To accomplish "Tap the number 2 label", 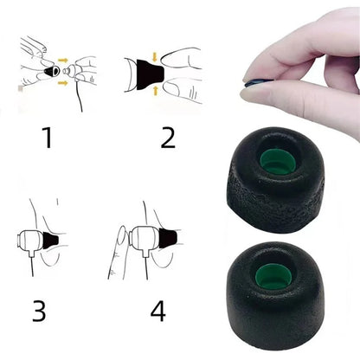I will [x=167, y=136].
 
